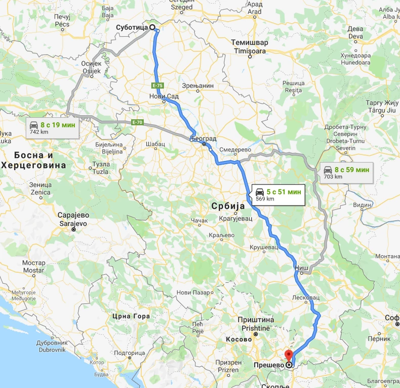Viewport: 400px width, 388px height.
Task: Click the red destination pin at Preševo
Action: click(289, 355)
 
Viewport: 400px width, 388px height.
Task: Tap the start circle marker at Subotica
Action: click(152, 27)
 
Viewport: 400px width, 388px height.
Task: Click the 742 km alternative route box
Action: click(53, 128)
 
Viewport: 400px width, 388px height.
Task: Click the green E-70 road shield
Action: click(137, 122)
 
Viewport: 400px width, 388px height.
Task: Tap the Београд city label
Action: click(204, 138)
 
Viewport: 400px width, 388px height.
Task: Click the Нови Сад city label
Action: click(161, 96)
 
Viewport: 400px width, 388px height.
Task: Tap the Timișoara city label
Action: click(251, 51)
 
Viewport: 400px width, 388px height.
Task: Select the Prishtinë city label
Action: click(256, 327)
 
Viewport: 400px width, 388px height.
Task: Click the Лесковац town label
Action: click(306, 298)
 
